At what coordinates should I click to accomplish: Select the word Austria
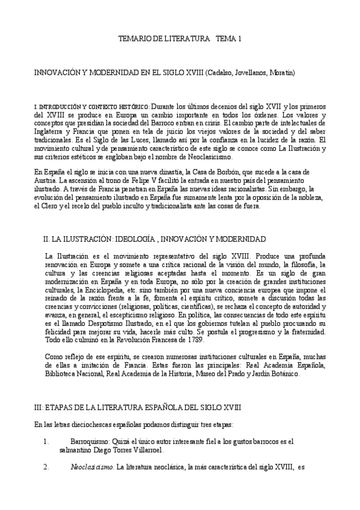pyautogui.click(x=44, y=180)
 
